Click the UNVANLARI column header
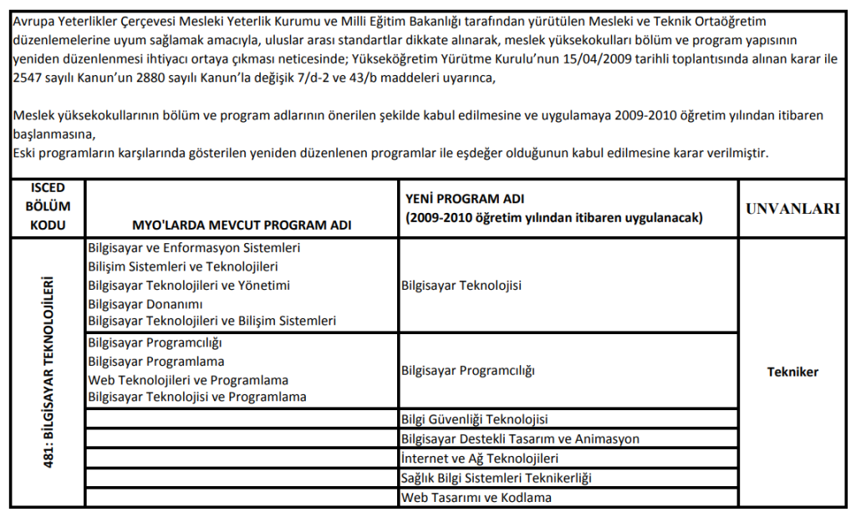click(x=792, y=209)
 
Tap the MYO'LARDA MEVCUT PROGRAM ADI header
click(x=242, y=226)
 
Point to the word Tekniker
click(x=792, y=373)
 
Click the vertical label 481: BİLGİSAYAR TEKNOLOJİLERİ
click(x=48, y=373)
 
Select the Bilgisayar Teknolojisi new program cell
click(x=461, y=286)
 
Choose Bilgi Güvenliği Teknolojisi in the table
click(x=475, y=418)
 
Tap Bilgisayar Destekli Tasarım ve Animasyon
click(x=520, y=438)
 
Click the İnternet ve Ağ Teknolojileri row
click(x=480, y=458)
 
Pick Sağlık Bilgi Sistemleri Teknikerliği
click(x=497, y=478)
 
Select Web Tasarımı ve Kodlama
click(x=476, y=498)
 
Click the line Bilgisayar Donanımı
click(x=145, y=304)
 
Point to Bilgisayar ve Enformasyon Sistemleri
click(x=194, y=248)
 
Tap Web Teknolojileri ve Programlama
click(x=188, y=379)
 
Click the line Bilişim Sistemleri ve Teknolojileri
click(x=183, y=266)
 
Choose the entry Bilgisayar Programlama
click(x=156, y=361)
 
